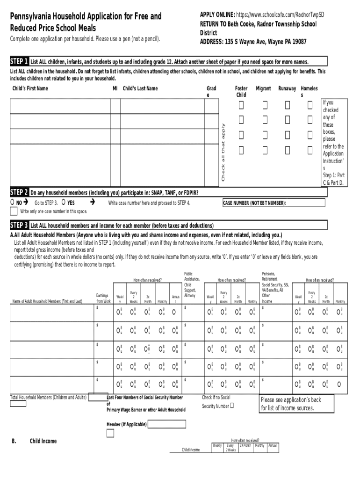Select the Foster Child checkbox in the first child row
241,106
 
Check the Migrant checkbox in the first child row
265,106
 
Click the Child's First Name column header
30,88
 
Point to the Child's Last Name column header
140,88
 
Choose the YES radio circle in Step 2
63,203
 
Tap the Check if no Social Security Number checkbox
231,406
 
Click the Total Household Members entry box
18,404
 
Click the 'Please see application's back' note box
296,404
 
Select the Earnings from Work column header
103,298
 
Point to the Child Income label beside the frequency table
191,450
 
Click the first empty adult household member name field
51,313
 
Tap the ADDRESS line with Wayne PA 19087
253,42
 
